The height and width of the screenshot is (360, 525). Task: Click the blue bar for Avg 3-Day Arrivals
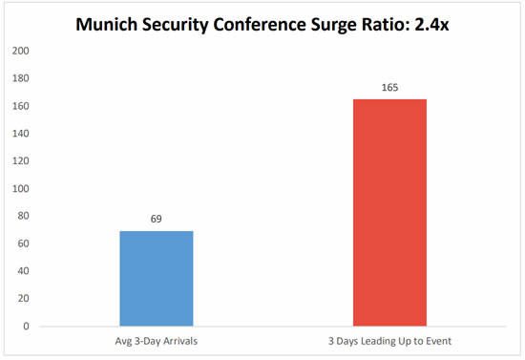coord(157,278)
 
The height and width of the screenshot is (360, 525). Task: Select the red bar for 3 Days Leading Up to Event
coord(389,212)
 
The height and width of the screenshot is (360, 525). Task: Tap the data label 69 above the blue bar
coord(157,219)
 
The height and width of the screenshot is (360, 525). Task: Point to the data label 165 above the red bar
coord(389,88)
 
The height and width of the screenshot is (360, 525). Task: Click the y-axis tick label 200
coord(21,51)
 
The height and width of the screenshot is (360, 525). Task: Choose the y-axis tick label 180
coord(21,78)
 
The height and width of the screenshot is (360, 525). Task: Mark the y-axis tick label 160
coord(21,106)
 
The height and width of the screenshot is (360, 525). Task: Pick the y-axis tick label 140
coord(21,134)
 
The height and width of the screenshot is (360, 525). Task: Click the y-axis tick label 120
coord(21,161)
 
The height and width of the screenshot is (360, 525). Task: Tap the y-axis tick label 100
coord(21,188)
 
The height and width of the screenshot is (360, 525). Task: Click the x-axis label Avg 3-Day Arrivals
coord(157,342)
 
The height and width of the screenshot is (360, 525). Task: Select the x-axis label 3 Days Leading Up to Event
coord(389,342)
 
